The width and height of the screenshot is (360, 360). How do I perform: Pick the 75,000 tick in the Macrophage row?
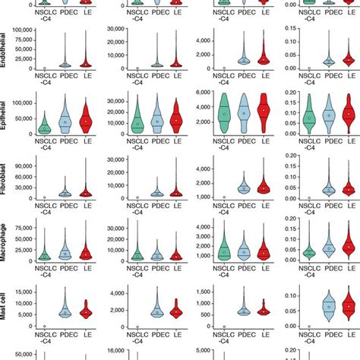click(x=21, y=207)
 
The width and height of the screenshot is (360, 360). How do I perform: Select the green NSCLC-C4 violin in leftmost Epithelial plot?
click(x=45, y=125)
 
